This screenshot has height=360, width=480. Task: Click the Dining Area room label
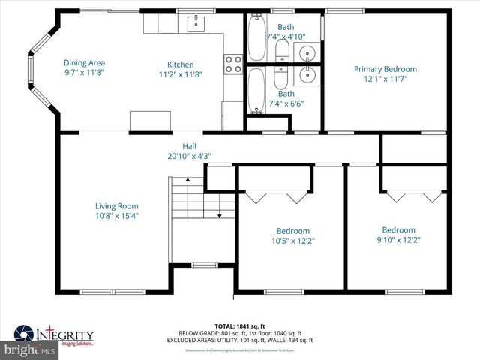coord(84,63)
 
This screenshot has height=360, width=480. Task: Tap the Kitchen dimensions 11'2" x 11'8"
coord(181,74)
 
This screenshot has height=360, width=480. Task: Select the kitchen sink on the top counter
coord(197,24)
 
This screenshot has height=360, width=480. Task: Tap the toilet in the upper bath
coord(283,50)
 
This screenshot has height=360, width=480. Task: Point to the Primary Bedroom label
coord(385,69)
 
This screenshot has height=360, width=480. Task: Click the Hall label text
coord(189,146)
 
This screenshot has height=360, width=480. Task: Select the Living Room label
coord(116,206)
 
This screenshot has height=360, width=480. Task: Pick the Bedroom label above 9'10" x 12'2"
coord(398,230)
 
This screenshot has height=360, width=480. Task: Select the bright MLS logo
coord(28,350)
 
